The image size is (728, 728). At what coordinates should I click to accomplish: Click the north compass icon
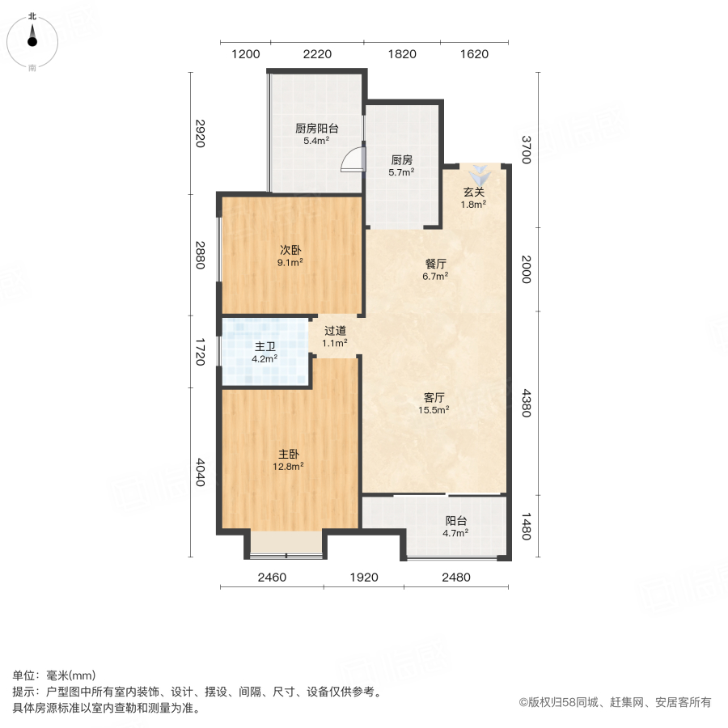(x=32, y=38)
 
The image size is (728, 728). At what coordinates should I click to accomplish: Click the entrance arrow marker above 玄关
(x=480, y=174)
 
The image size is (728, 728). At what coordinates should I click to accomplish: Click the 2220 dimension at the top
(x=317, y=54)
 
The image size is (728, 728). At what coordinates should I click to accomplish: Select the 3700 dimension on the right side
(x=527, y=150)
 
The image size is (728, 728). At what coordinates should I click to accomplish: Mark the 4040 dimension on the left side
(x=201, y=472)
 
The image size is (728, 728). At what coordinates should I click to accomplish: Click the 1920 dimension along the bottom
(x=365, y=578)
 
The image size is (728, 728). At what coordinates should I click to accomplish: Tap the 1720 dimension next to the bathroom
(x=201, y=351)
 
